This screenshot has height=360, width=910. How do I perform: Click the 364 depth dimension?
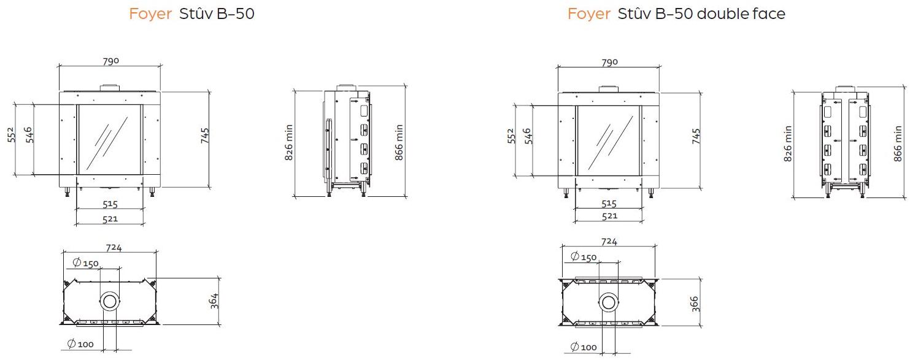(215, 301)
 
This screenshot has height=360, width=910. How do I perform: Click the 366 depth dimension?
(694, 304)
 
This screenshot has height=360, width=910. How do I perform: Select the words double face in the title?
(741, 14)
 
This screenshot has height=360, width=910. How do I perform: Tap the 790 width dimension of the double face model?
(610, 63)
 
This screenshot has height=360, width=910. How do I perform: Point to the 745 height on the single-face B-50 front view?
(205, 136)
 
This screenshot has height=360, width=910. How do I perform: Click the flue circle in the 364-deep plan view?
(110, 301)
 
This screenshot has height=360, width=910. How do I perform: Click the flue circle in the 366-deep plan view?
(609, 302)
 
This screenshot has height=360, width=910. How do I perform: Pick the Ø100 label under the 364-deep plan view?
(80, 344)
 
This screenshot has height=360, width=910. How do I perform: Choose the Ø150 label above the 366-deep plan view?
(584, 257)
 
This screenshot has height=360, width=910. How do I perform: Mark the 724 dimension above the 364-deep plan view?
(114, 248)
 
